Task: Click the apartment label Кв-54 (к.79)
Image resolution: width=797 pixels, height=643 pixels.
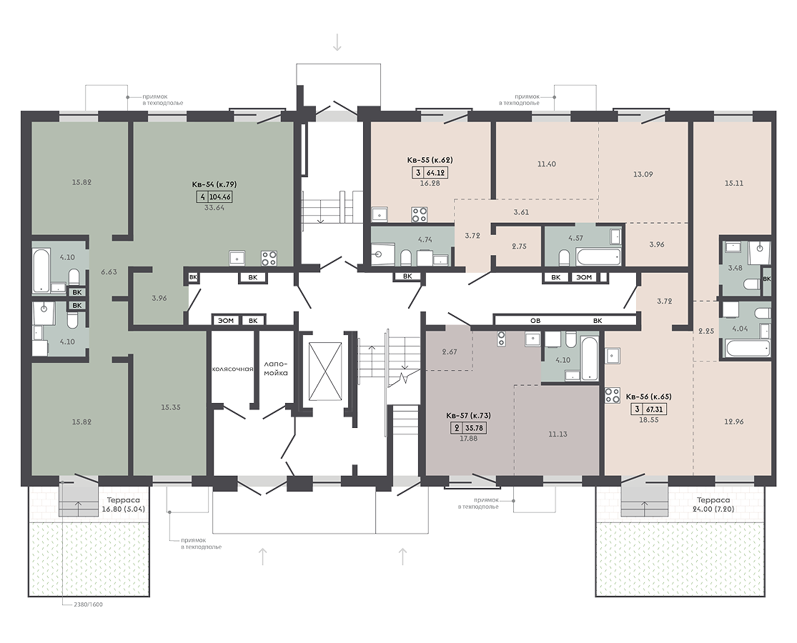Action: (x=214, y=184)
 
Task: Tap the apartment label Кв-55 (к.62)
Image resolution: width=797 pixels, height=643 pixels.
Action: (x=430, y=160)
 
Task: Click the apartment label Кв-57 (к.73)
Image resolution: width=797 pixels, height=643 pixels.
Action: (x=468, y=416)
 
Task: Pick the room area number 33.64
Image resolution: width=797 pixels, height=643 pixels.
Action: (x=214, y=208)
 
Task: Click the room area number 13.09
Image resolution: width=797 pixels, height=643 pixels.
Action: (x=643, y=174)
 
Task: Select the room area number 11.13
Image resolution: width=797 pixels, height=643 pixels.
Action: (x=558, y=434)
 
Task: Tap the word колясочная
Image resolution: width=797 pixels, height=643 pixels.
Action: (x=233, y=369)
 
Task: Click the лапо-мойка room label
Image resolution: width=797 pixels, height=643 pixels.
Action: (x=275, y=369)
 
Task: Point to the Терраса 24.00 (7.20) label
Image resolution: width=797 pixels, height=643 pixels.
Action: (x=713, y=504)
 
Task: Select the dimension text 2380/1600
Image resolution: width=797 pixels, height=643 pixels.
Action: (x=89, y=605)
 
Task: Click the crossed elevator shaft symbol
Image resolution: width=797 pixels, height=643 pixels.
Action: (x=325, y=372)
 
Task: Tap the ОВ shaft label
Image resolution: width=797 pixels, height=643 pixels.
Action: (x=535, y=321)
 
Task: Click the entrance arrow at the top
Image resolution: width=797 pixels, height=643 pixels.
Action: (x=337, y=41)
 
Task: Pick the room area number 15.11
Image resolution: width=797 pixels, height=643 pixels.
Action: (x=733, y=184)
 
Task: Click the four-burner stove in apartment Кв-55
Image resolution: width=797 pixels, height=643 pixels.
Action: (x=420, y=214)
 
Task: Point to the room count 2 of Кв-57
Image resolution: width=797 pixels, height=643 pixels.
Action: (x=456, y=428)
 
